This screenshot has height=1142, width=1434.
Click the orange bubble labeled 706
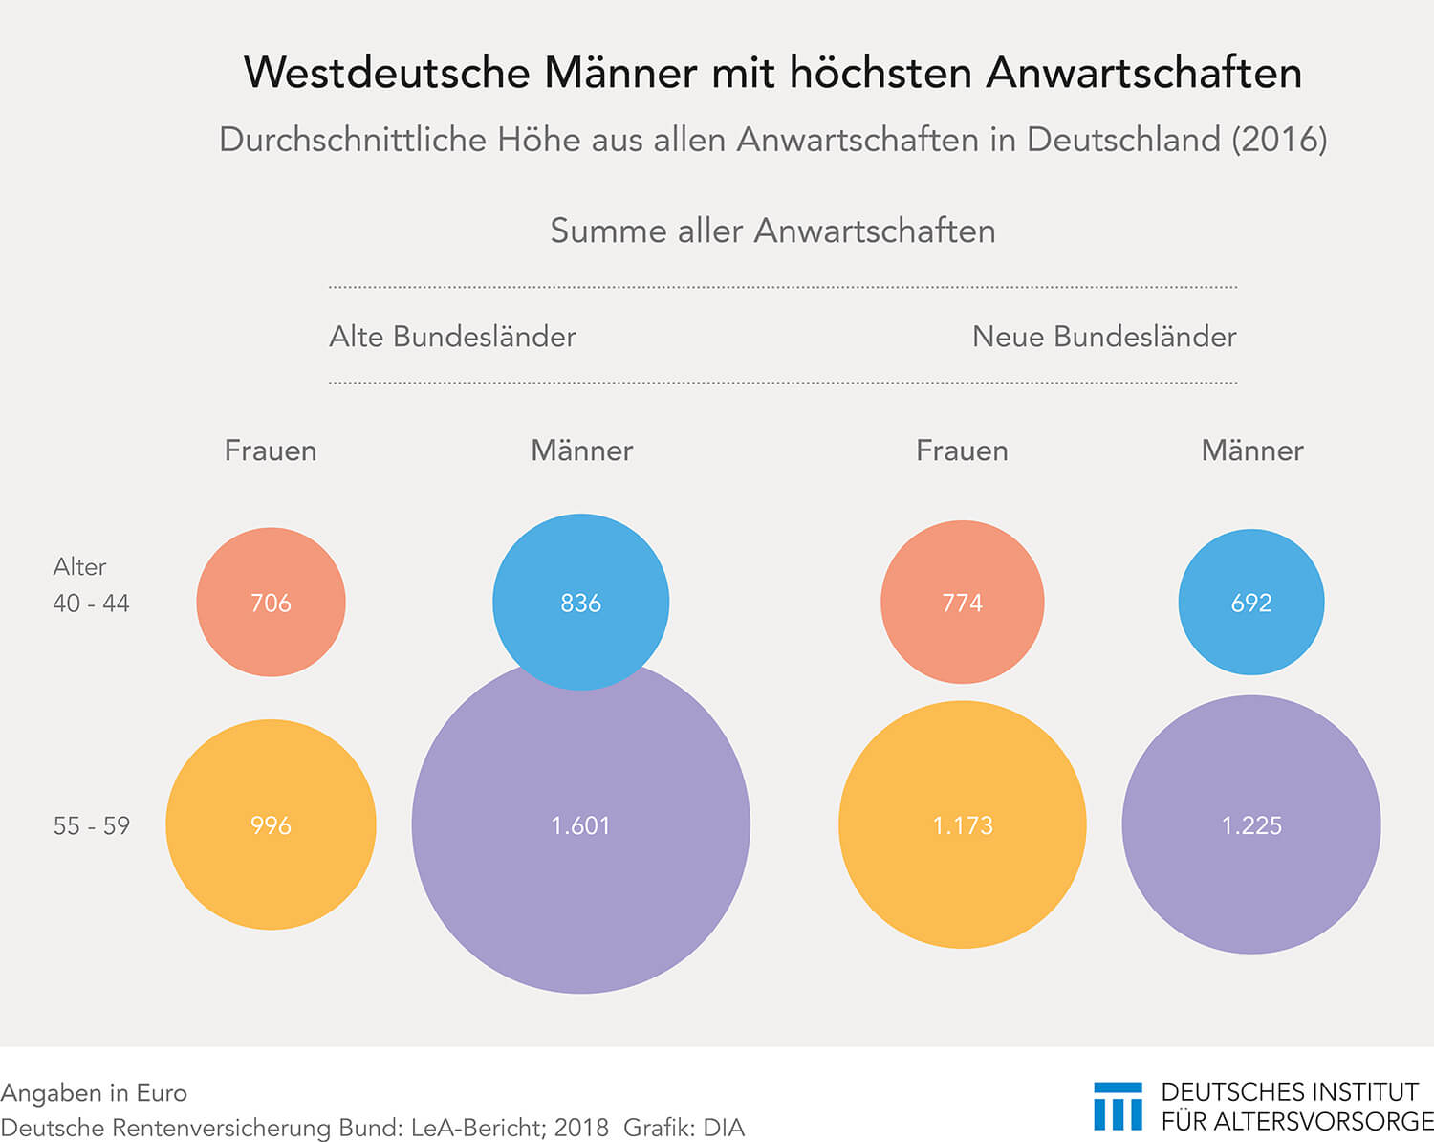(271, 603)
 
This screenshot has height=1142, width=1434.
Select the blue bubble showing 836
(580, 603)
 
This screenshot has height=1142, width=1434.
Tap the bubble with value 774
(962, 603)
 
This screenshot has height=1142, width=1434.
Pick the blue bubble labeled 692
(1250, 603)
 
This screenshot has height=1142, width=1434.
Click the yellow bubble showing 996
(271, 824)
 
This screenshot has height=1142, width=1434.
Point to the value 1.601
(580, 825)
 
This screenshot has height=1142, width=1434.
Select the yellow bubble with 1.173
(962, 824)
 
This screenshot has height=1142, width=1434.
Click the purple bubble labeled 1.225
(1250, 824)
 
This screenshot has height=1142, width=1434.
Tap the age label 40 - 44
(91, 604)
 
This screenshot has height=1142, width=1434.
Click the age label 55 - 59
(91, 825)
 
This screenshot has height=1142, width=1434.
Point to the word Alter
(79, 567)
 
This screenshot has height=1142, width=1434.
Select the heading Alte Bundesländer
(452, 337)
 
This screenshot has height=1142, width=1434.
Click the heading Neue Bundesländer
(1103, 337)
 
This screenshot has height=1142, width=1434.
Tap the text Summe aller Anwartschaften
(772, 231)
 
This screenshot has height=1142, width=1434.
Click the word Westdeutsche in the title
(386, 73)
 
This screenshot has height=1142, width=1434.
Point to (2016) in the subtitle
(1279, 140)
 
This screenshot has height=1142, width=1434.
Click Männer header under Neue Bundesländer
(1251, 450)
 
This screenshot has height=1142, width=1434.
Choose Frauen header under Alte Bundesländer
(271, 450)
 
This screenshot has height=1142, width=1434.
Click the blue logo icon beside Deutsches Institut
(1118, 1107)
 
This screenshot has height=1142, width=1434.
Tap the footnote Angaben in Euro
(94, 1093)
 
